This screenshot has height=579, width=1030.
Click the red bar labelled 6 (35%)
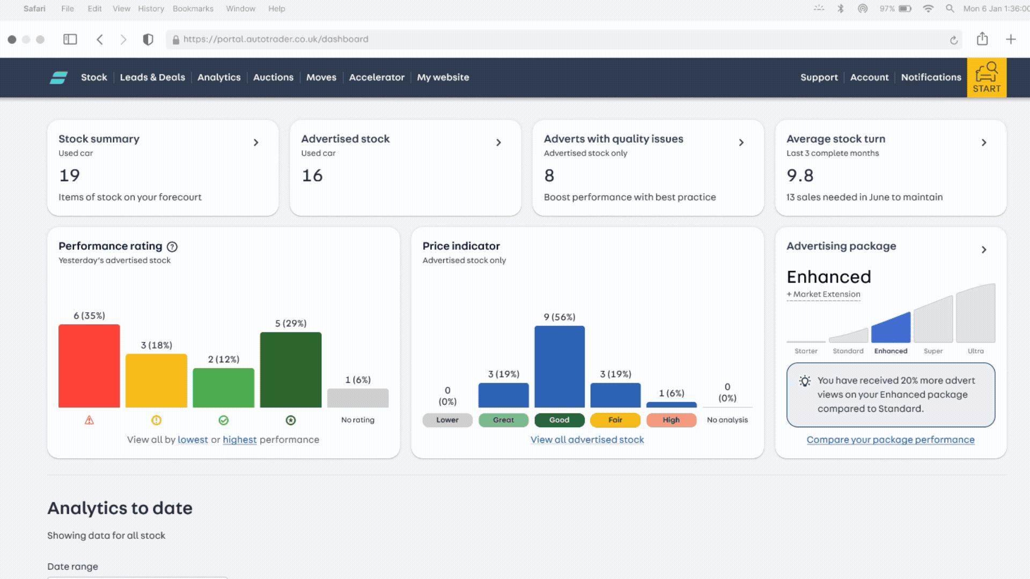[89, 366]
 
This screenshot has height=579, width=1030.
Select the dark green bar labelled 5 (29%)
[291, 370]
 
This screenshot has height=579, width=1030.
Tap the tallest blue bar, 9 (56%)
[560, 367]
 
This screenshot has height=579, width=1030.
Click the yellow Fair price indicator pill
[615, 420]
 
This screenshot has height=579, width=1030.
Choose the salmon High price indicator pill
[671, 420]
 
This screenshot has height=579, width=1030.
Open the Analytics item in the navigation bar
[219, 77]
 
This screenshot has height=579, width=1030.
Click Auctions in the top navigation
[273, 77]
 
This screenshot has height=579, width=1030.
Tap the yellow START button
[987, 78]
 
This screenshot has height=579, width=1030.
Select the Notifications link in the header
[931, 77]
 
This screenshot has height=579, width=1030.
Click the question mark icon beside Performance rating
[172, 247]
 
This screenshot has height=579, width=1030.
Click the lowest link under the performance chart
[193, 440]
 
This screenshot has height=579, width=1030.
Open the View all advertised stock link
[587, 440]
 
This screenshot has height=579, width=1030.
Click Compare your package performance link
[891, 440]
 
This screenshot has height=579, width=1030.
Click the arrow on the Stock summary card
[256, 143]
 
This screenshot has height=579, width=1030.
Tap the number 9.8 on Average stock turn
[800, 175]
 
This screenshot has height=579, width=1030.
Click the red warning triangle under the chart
[89, 420]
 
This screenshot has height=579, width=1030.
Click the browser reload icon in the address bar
[953, 40]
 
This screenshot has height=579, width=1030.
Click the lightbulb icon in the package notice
[805, 381]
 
